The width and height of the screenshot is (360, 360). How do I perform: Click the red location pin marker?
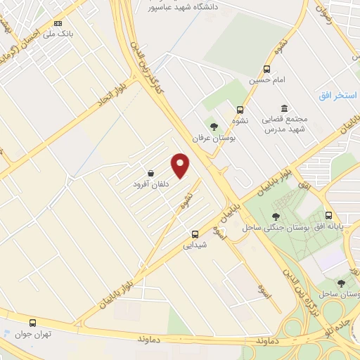181,165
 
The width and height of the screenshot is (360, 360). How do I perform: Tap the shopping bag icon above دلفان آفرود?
150,173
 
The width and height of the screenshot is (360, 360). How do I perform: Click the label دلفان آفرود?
151,184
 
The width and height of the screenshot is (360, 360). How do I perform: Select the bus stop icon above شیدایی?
195,234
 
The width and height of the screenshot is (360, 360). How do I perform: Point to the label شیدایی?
195,245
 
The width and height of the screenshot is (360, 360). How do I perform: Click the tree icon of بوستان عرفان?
214,126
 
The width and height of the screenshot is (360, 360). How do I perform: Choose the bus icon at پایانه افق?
328,217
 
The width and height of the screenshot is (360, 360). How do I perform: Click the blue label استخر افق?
333,94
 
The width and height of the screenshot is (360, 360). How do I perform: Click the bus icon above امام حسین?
266,69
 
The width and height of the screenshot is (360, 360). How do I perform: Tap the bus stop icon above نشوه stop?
240,110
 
